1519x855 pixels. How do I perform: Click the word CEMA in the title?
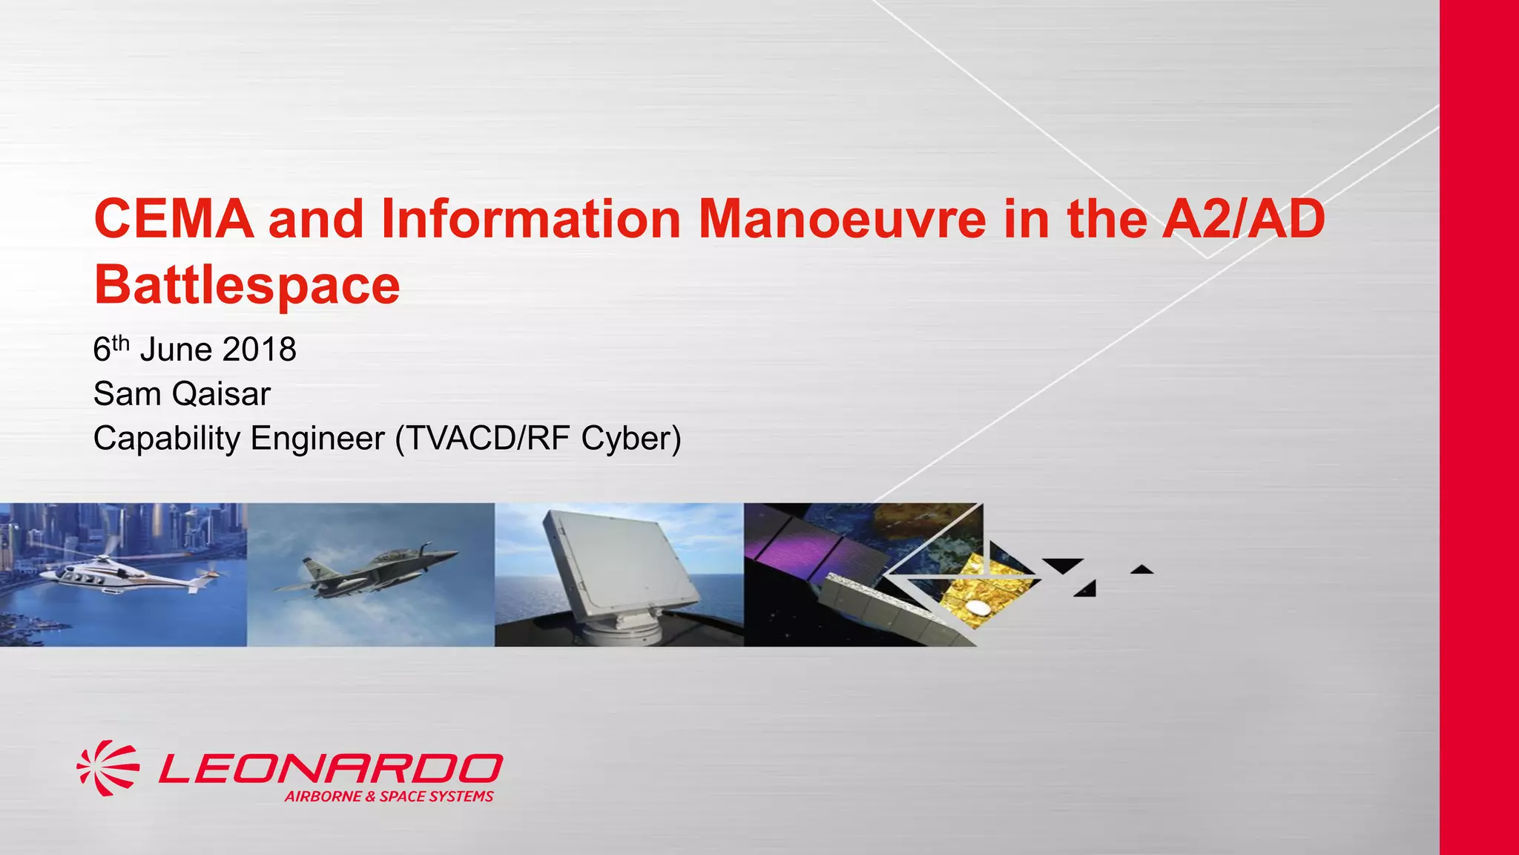click(x=174, y=220)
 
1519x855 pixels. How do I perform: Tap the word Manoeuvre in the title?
click(x=843, y=220)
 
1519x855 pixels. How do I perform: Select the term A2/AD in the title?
click(x=1243, y=220)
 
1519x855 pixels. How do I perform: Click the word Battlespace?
click(x=247, y=286)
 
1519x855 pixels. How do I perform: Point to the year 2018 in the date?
click(x=259, y=350)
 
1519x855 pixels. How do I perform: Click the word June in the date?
click(x=176, y=350)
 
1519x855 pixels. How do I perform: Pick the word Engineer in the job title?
click(x=317, y=439)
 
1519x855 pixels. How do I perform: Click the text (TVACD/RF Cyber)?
click(x=538, y=439)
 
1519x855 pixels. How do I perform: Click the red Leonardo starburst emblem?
click(x=108, y=768)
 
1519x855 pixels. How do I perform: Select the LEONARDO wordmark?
click(x=331, y=768)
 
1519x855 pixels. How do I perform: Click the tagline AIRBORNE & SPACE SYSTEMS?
click(x=389, y=796)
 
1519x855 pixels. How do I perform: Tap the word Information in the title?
click(x=531, y=220)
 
